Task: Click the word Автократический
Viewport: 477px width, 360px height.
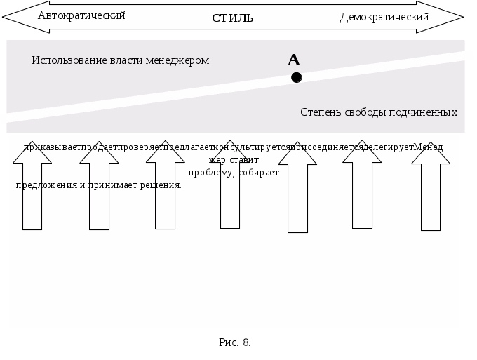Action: tap(81, 15)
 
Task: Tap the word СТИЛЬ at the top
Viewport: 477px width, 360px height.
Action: tap(232, 18)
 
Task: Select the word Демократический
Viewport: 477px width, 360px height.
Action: tap(384, 16)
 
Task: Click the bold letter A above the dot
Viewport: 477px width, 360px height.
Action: tap(294, 60)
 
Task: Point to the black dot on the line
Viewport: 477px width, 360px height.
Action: tap(297, 77)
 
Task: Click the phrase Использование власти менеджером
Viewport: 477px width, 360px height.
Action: tap(120, 60)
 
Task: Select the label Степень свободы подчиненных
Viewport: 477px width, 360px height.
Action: tap(379, 112)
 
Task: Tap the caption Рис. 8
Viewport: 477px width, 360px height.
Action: tap(234, 342)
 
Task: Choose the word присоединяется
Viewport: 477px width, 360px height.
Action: tap(327, 147)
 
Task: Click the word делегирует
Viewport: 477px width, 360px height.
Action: tap(389, 147)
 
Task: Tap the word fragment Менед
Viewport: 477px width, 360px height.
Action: tap(428, 147)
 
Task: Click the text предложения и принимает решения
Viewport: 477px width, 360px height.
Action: tap(98, 185)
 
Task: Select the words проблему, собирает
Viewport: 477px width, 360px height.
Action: tap(234, 172)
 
